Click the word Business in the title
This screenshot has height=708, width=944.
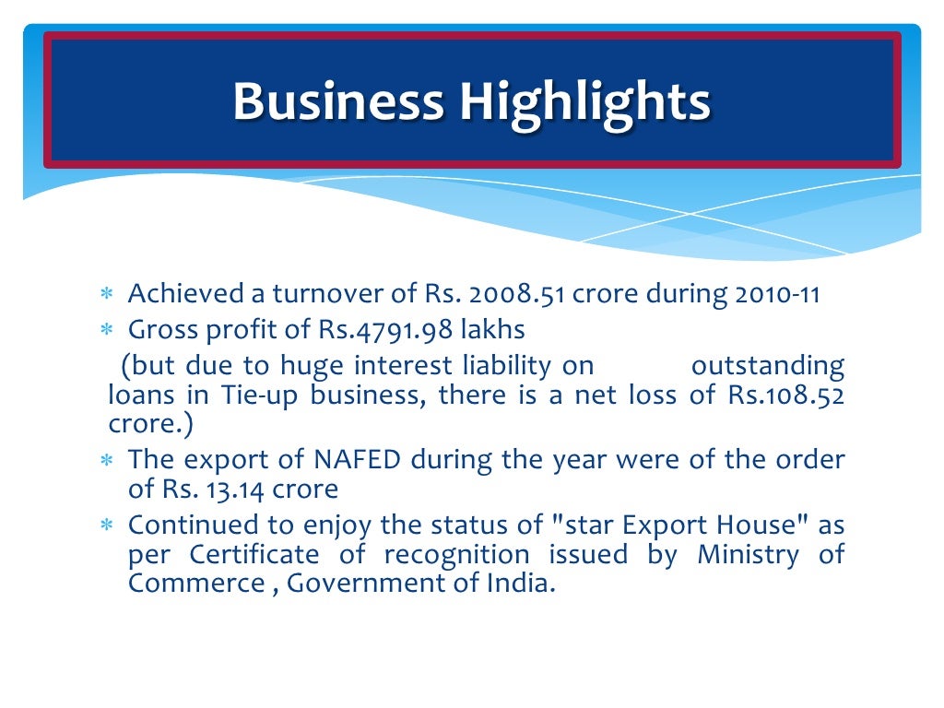coord(338,101)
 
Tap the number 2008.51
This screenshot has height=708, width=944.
coord(518,295)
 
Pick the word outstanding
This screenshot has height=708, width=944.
coord(767,366)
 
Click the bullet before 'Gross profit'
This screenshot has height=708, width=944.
coord(106,329)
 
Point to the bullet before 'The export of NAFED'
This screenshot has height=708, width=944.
coord(106,459)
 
